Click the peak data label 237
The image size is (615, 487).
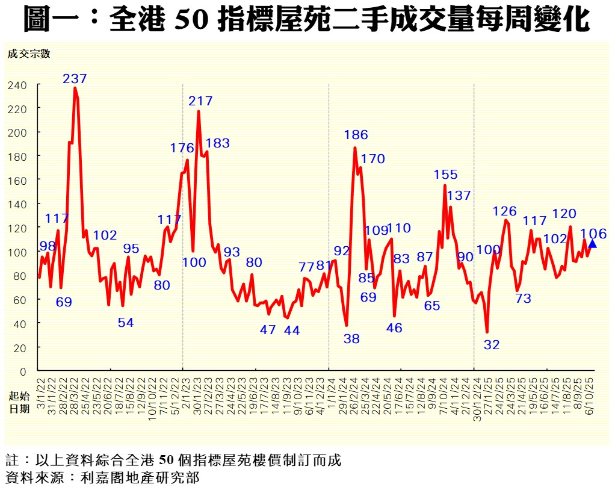[75, 78]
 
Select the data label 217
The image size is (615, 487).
[200, 101]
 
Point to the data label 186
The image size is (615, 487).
[356, 135]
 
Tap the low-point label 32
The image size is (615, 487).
[492, 345]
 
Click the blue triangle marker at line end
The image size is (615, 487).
[592, 244]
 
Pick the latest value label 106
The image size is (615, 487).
[593, 234]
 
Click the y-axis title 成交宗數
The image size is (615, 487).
[28, 53]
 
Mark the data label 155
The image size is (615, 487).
[445, 175]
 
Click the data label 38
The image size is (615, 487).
[351, 339]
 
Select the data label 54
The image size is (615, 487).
[126, 323]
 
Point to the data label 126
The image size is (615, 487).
[504, 211]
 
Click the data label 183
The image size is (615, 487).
[217, 143]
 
